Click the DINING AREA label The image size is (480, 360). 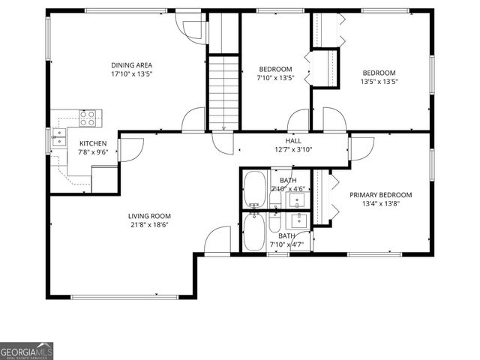[132, 65]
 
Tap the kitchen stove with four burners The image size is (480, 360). [89, 116]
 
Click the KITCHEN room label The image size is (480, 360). [93, 143]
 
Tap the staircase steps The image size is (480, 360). [223, 91]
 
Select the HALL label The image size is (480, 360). [293, 140]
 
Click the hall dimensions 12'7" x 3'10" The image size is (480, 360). [293, 149]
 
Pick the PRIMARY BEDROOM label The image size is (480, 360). [380, 195]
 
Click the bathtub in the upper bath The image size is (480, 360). [254, 188]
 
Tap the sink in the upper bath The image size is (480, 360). [298, 199]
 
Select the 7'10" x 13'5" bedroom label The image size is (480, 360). [275, 69]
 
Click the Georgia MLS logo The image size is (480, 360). [27, 351]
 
